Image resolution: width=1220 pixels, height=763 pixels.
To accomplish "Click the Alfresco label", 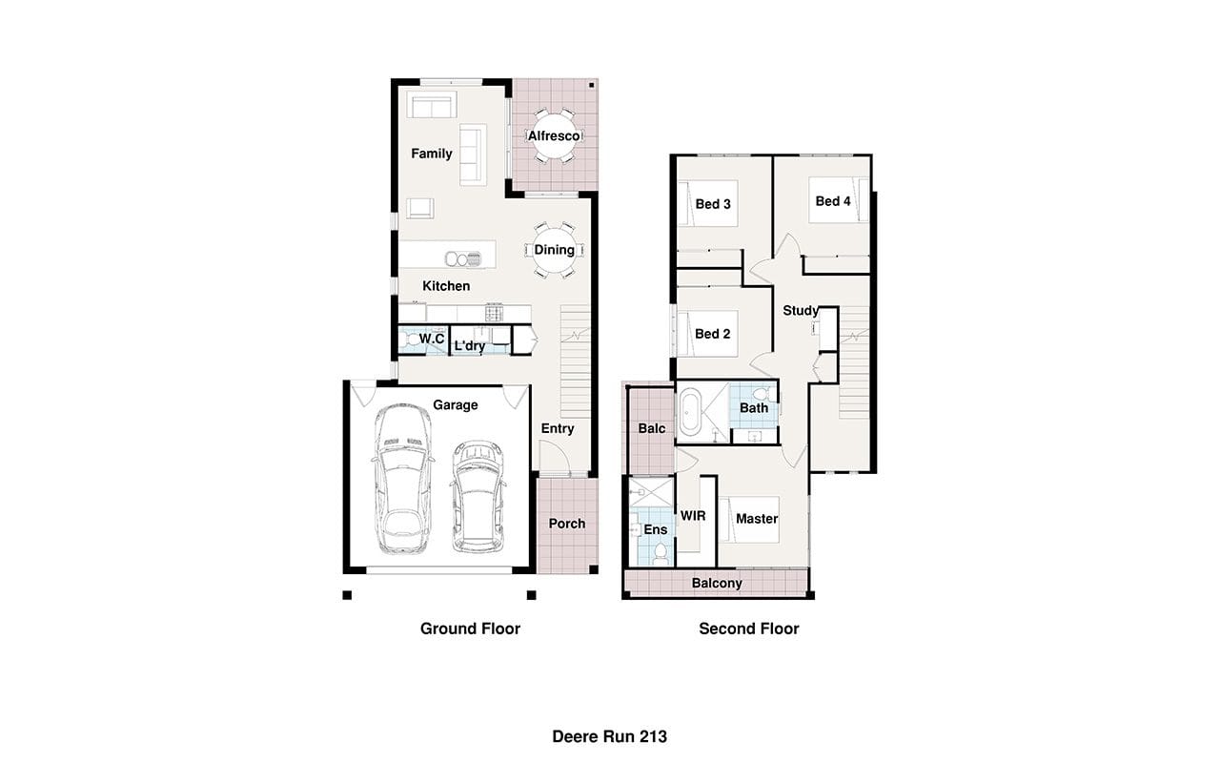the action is coord(554,135).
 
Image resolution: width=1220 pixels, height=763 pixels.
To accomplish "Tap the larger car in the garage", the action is coord(403,479).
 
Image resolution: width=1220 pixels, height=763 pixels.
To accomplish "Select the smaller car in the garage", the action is coord(478,497).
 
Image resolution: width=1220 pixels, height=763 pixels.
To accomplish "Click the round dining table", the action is coord(554,250).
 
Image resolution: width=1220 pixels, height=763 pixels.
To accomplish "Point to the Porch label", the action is coord(567,524).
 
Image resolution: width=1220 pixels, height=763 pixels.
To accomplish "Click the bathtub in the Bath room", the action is coord(690,411).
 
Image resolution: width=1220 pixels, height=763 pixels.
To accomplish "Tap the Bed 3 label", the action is coord(713,204).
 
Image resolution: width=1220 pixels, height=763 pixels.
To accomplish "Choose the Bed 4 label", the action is coord(833,201).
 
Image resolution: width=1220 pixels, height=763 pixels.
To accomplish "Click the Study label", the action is coord(801,311).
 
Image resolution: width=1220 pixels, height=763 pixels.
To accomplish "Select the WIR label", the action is coord(693,516).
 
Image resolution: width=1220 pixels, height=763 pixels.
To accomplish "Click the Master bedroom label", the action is coord(757,519).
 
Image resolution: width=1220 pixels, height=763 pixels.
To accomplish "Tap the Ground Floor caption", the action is coord(470,629).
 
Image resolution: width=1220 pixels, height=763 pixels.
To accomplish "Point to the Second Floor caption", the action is coord(749,629).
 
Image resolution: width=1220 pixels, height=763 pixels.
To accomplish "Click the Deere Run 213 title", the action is coord(609,737).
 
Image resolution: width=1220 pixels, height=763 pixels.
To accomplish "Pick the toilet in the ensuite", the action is coord(661,552).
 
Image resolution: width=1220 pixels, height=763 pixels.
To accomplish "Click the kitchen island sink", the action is coord(463,258).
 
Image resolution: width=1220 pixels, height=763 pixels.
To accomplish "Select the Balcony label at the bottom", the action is coord(717,583).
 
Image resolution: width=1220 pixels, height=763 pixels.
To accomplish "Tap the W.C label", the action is coord(432,339).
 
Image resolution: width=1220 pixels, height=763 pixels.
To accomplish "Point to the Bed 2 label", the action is coord(712,334).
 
